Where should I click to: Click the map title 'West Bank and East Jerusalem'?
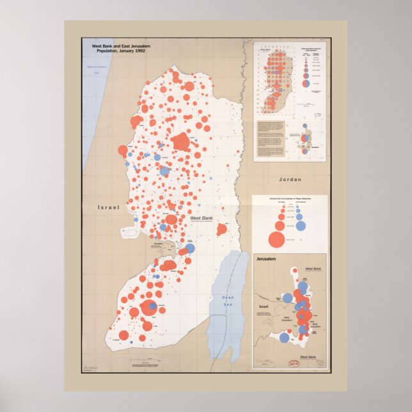[x=122, y=46]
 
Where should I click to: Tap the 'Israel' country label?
[x=109, y=207]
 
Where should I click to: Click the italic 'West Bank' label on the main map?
[x=202, y=218]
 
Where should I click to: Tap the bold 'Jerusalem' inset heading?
[x=269, y=260]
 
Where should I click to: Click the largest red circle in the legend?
[x=276, y=240]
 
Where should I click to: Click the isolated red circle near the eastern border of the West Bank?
[x=222, y=229]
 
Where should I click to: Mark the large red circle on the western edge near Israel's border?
[x=123, y=151]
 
